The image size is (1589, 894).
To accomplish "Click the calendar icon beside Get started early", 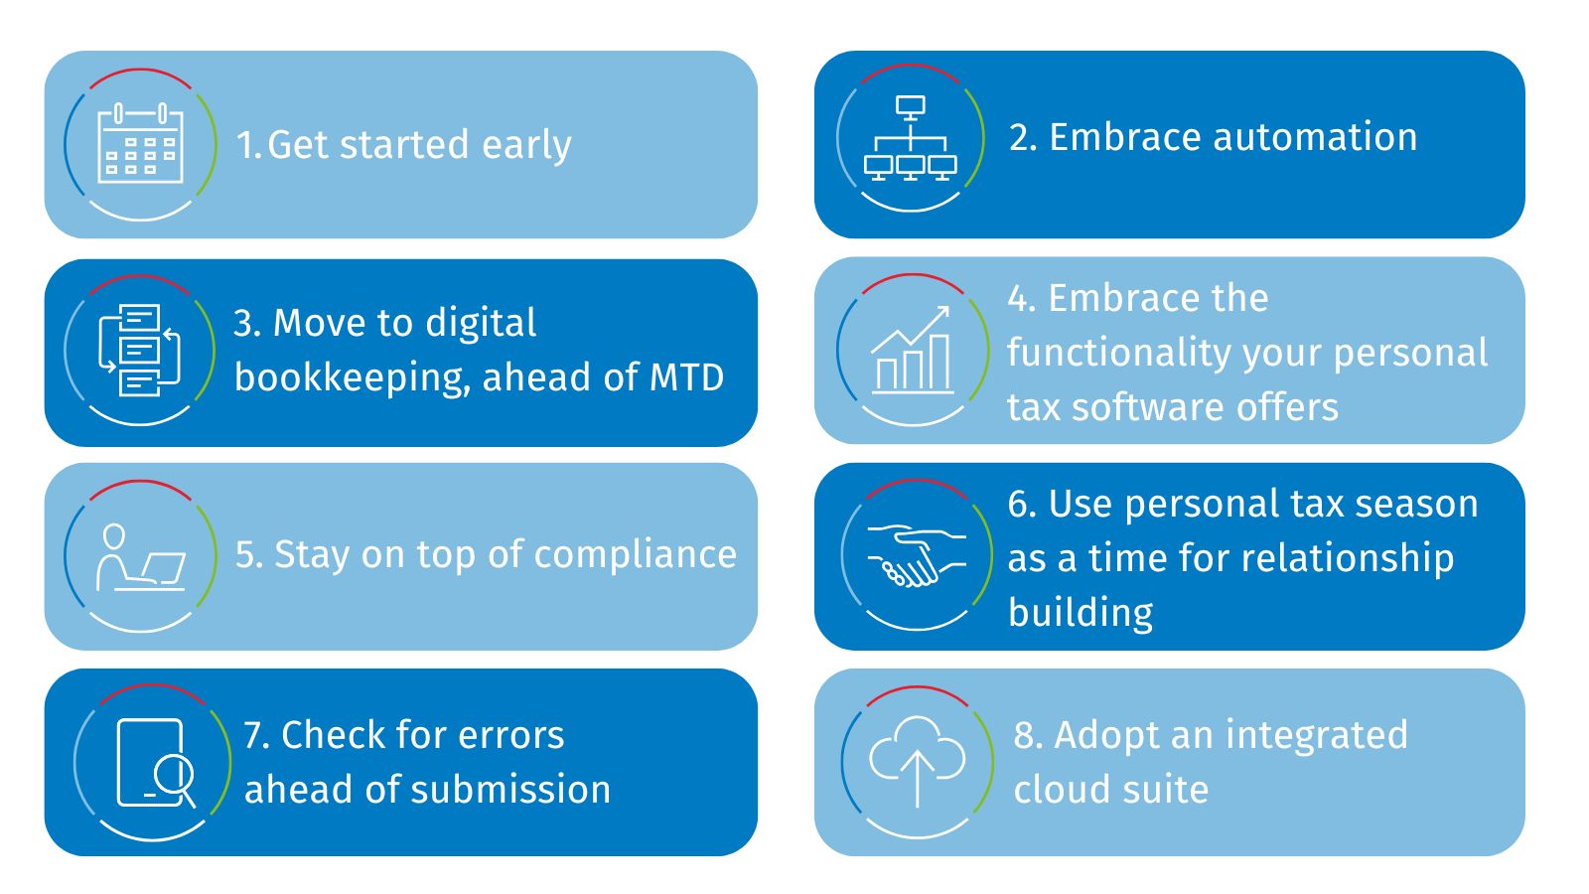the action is pyautogui.click(x=140, y=143).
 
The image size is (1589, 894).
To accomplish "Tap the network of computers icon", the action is pyautogui.click(x=910, y=138).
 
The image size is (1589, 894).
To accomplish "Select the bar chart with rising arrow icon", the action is pyautogui.click(x=913, y=350).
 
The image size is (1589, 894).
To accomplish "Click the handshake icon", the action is pyautogui.click(x=916, y=555).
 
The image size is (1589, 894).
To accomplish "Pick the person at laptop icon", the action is pyautogui.click(x=141, y=557).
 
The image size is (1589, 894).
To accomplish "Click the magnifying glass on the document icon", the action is pyautogui.click(x=174, y=779).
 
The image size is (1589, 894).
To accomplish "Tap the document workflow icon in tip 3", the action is pyautogui.click(x=140, y=350).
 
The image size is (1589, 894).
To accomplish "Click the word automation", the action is pyautogui.click(x=1315, y=137).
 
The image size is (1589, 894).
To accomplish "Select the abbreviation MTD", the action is pyautogui.click(x=686, y=377).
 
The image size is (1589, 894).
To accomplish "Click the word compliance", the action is pyautogui.click(x=636, y=556).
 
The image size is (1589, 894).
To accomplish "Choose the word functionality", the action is pyautogui.click(x=1118, y=354).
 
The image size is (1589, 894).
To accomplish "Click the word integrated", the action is pyautogui.click(x=1317, y=736).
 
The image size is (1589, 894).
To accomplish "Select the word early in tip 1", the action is pyautogui.click(x=526, y=146).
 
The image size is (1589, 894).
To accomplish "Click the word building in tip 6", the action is pyautogui.click(x=1081, y=612).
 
